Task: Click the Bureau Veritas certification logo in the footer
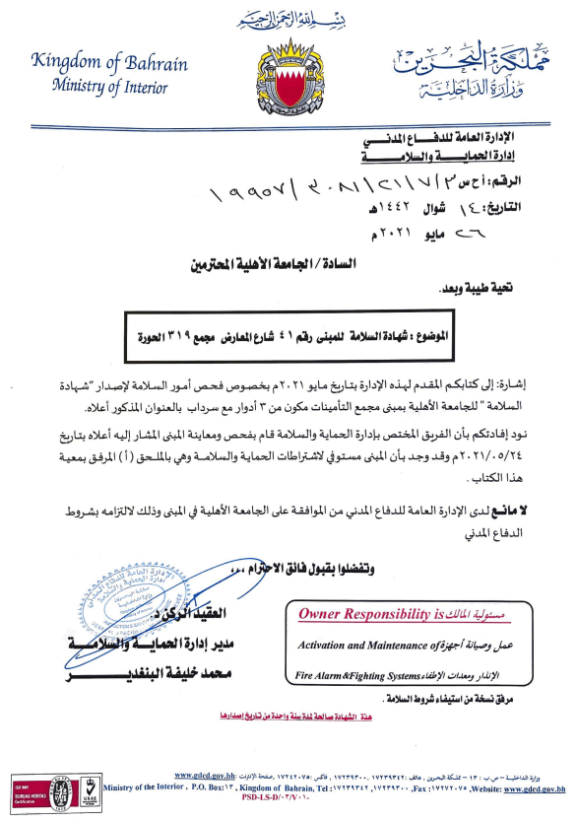click(x=59, y=791)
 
